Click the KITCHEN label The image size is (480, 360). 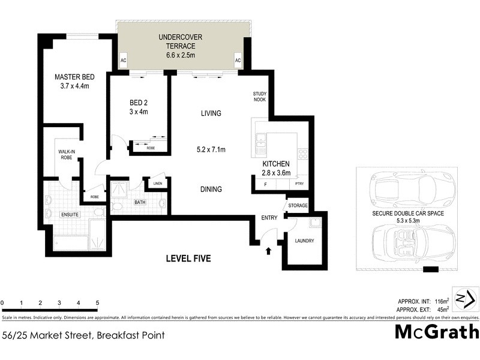276,164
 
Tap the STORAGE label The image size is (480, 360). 298,206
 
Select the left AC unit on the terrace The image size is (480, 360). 124,61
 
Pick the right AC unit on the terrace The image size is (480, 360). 238,61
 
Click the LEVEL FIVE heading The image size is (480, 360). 188,259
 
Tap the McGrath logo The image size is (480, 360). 436,331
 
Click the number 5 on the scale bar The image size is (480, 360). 97,303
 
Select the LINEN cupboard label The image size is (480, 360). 158,184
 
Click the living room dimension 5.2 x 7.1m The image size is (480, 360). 211,150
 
